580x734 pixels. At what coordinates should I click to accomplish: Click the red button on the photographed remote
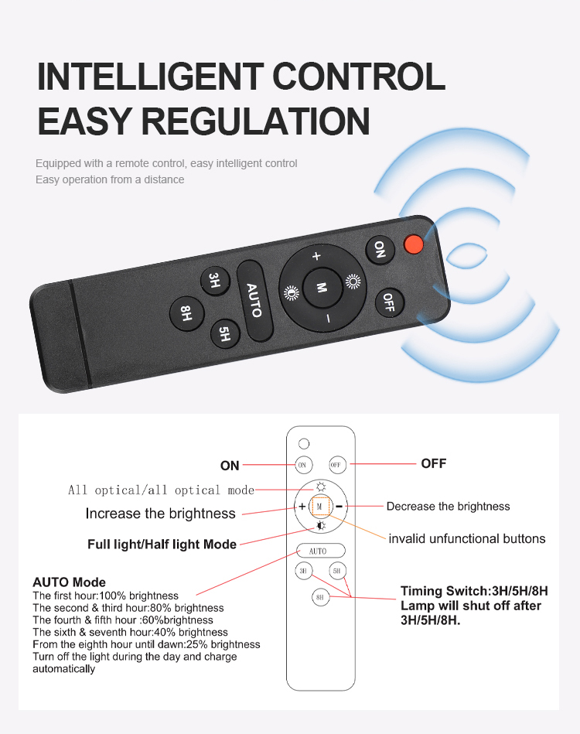tap(414, 244)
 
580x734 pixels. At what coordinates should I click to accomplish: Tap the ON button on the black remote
tap(380, 250)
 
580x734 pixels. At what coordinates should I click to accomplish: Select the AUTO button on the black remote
tap(254, 300)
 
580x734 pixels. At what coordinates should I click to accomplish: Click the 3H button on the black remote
tap(214, 281)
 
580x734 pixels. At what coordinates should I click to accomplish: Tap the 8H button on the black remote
tap(187, 313)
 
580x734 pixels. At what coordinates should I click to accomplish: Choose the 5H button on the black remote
tap(225, 334)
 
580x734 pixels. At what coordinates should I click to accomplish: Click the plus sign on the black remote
tap(317, 256)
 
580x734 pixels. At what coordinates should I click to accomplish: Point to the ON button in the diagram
tap(303, 465)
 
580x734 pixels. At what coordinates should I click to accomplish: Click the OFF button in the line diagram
tap(337, 465)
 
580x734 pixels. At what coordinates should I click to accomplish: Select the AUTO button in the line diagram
tap(321, 551)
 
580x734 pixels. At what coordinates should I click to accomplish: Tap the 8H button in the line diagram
tap(321, 597)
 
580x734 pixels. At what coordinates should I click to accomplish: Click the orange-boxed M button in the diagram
tap(321, 507)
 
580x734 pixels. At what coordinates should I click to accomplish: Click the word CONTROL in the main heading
tap(359, 77)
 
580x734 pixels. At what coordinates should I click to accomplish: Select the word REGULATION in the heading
tap(256, 121)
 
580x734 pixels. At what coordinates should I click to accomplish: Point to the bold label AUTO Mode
tap(70, 582)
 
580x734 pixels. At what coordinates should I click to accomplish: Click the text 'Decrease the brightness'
tap(448, 507)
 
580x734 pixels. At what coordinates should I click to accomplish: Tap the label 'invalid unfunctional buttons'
tap(467, 539)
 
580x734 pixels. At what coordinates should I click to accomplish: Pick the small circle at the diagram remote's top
tap(304, 443)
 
